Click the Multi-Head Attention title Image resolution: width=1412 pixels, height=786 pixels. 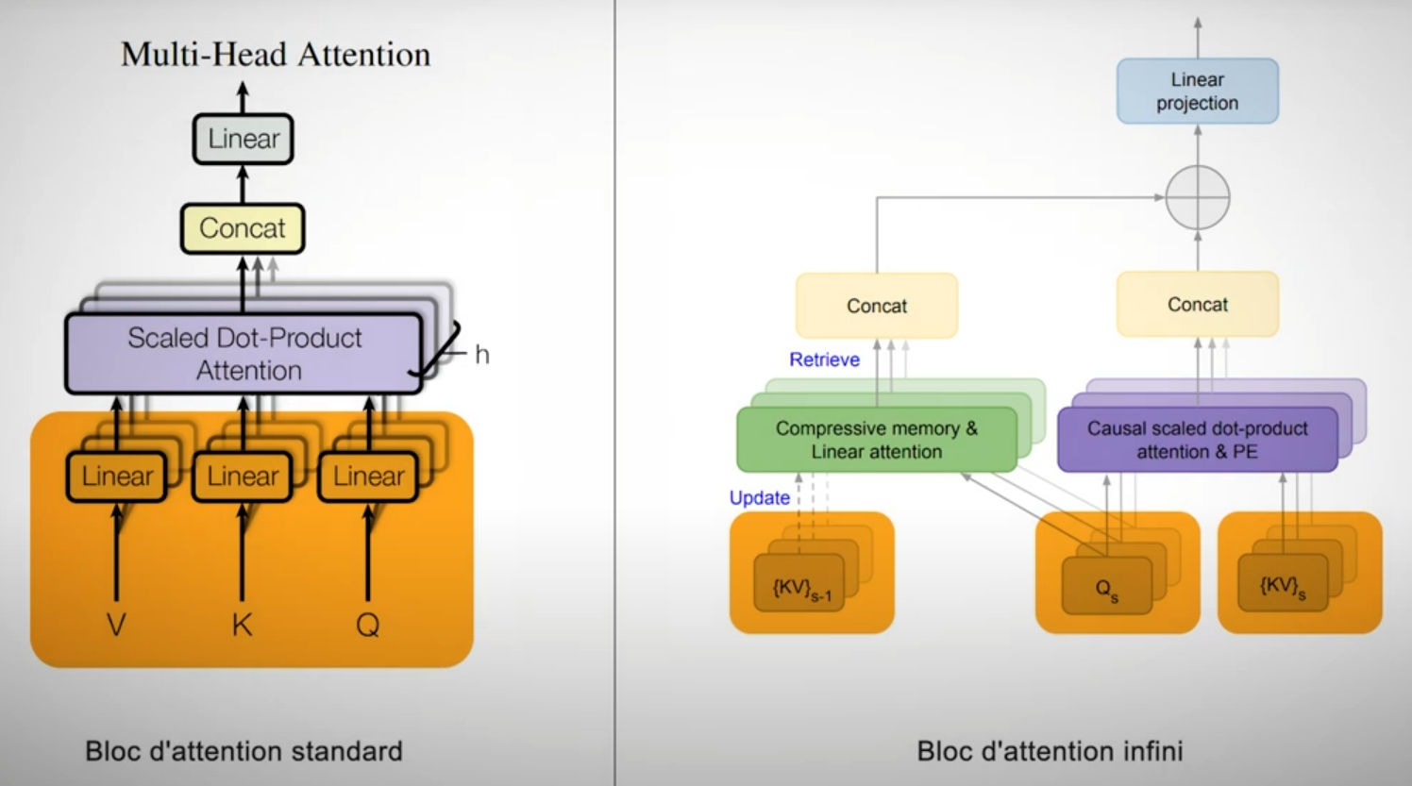(276, 54)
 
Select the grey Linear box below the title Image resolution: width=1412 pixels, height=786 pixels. (243, 139)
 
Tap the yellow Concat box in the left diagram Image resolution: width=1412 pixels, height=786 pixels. (243, 228)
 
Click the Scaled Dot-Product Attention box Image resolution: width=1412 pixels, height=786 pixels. (244, 354)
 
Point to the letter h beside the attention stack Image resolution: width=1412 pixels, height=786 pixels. (482, 355)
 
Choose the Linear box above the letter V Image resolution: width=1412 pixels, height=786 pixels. (117, 477)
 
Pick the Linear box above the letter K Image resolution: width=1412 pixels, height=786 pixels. (242, 477)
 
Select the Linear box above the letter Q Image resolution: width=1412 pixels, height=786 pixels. (368, 477)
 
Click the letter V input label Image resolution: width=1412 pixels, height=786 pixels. (116, 625)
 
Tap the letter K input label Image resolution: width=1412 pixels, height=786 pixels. (242, 625)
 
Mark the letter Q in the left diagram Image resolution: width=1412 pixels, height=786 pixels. (368, 626)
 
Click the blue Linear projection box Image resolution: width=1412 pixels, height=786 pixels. (1198, 91)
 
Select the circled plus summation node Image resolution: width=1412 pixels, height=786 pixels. (1198, 197)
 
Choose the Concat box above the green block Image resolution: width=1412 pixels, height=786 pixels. (877, 306)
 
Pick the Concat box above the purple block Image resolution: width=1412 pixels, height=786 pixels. (1198, 305)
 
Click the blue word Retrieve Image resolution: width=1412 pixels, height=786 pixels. (825, 360)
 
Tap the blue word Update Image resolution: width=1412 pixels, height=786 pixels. (760, 498)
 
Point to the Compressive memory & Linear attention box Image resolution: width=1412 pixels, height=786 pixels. (877, 440)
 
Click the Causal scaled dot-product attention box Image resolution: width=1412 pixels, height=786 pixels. (1198, 440)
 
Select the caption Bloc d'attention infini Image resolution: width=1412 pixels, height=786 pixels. (1050, 751)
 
